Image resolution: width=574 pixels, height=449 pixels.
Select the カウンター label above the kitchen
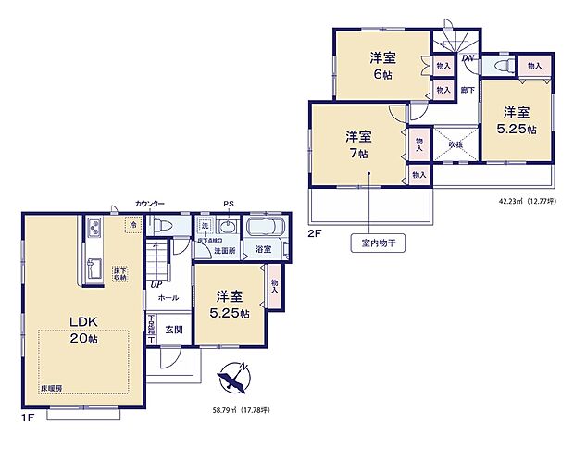coord(149,204)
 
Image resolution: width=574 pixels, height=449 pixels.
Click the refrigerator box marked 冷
coord(134,224)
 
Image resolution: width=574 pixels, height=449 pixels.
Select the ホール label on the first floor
coord(168,298)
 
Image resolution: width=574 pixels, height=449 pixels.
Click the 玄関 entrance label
coord(174,329)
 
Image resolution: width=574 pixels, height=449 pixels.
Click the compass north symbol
coord(234,376)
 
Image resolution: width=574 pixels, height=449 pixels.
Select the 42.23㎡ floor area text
coord(522,199)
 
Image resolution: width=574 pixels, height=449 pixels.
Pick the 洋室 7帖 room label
coord(358,145)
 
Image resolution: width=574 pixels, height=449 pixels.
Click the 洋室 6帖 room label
coord(383,67)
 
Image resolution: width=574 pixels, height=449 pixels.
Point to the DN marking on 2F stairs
coord(468,60)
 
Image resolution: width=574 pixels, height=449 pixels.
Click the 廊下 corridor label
coord(468,91)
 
